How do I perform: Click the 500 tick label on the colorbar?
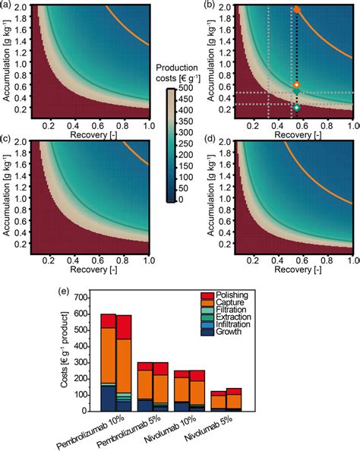point(186,89)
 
